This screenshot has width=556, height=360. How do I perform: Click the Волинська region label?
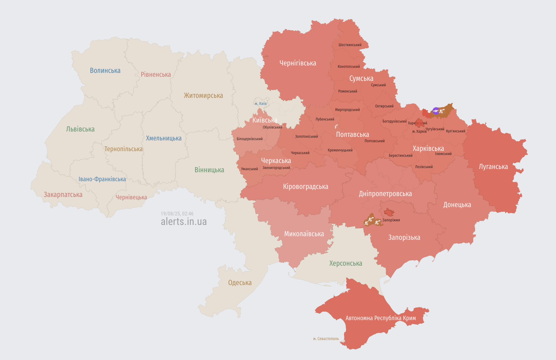[x=105, y=71]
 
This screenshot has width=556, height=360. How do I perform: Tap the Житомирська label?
[x=203, y=96]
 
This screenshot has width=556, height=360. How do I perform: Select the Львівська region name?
[x=80, y=129]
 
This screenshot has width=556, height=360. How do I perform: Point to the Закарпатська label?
[x=63, y=195]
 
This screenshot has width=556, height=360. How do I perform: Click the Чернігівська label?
[x=298, y=63]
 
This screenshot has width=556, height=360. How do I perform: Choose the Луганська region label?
[x=493, y=167]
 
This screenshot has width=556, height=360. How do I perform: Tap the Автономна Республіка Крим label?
[x=381, y=318]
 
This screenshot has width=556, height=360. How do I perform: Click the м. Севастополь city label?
[x=326, y=339]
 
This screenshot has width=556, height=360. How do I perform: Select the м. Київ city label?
[x=260, y=104]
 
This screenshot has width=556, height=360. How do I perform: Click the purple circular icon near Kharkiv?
[x=436, y=111]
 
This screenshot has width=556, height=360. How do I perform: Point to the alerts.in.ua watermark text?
[x=184, y=222]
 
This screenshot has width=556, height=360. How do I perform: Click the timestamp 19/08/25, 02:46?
[x=177, y=214]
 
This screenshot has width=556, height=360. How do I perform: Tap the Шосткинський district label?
[x=350, y=45]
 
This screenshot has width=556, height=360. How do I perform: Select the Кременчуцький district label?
[x=340, y=150]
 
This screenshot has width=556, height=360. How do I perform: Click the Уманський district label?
[x=249, y=169]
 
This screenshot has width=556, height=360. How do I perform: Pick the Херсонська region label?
[x=346, y=263]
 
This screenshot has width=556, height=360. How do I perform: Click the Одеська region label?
[x=240, y=283]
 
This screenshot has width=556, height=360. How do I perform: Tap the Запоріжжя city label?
[x=391, y=220]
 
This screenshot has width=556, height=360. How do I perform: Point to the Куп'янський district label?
[x=455, y=131]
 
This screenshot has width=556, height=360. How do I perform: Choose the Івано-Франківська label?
[x=102, y=179]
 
